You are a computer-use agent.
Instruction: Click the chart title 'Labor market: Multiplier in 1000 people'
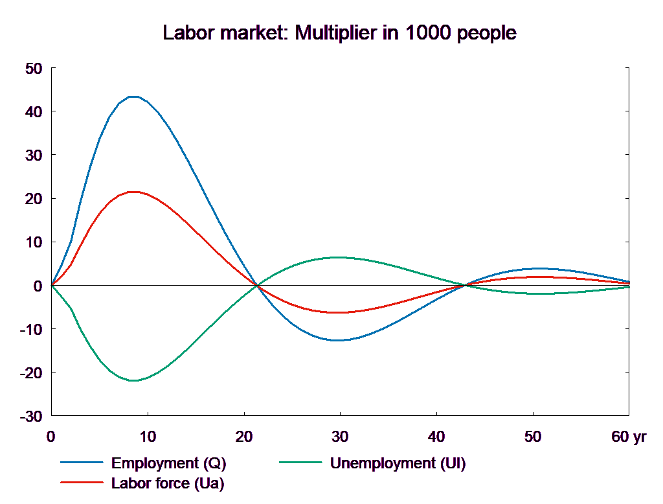pyautogui.click(x=340, y=33)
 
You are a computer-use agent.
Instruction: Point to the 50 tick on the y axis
pyautogui.click(x=33, y=69)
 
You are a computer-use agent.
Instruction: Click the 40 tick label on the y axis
pyautogui.click(x=33, y=112)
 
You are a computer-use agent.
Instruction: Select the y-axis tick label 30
pyautogui.click(x=33, y=155)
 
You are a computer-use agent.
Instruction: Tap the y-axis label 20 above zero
pyautogui.click(x=33, y=199)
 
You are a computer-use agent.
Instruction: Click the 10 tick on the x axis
pyautogui.click(x=148, y=437)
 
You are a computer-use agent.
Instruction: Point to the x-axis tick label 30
pyautogui.click(x=340, y=437)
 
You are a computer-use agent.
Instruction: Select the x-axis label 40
pyautogui.click(x=436, y=437)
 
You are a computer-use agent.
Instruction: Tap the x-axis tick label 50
pyautogui.click(x=533, y=437)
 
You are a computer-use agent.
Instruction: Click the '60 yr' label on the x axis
pyautogui.click(x=629, y=437)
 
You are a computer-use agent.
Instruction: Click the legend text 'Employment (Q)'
pyautogui.click(x=169, y=463)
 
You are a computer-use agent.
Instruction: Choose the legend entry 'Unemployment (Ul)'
pyautogui.click(x=398, y=463)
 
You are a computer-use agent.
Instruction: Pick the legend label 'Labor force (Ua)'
pyautogui.click(x=168, y=483)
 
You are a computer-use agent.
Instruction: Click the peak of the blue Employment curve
pyautogui.click(x=133, y=97)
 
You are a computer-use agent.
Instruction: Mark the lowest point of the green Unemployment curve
pyautogui.click(x=133, y=380)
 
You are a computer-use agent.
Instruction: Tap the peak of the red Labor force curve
pyautogui.click(x=133, y=192)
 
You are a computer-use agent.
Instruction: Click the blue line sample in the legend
pyautogui.click(x=82, y=463)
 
